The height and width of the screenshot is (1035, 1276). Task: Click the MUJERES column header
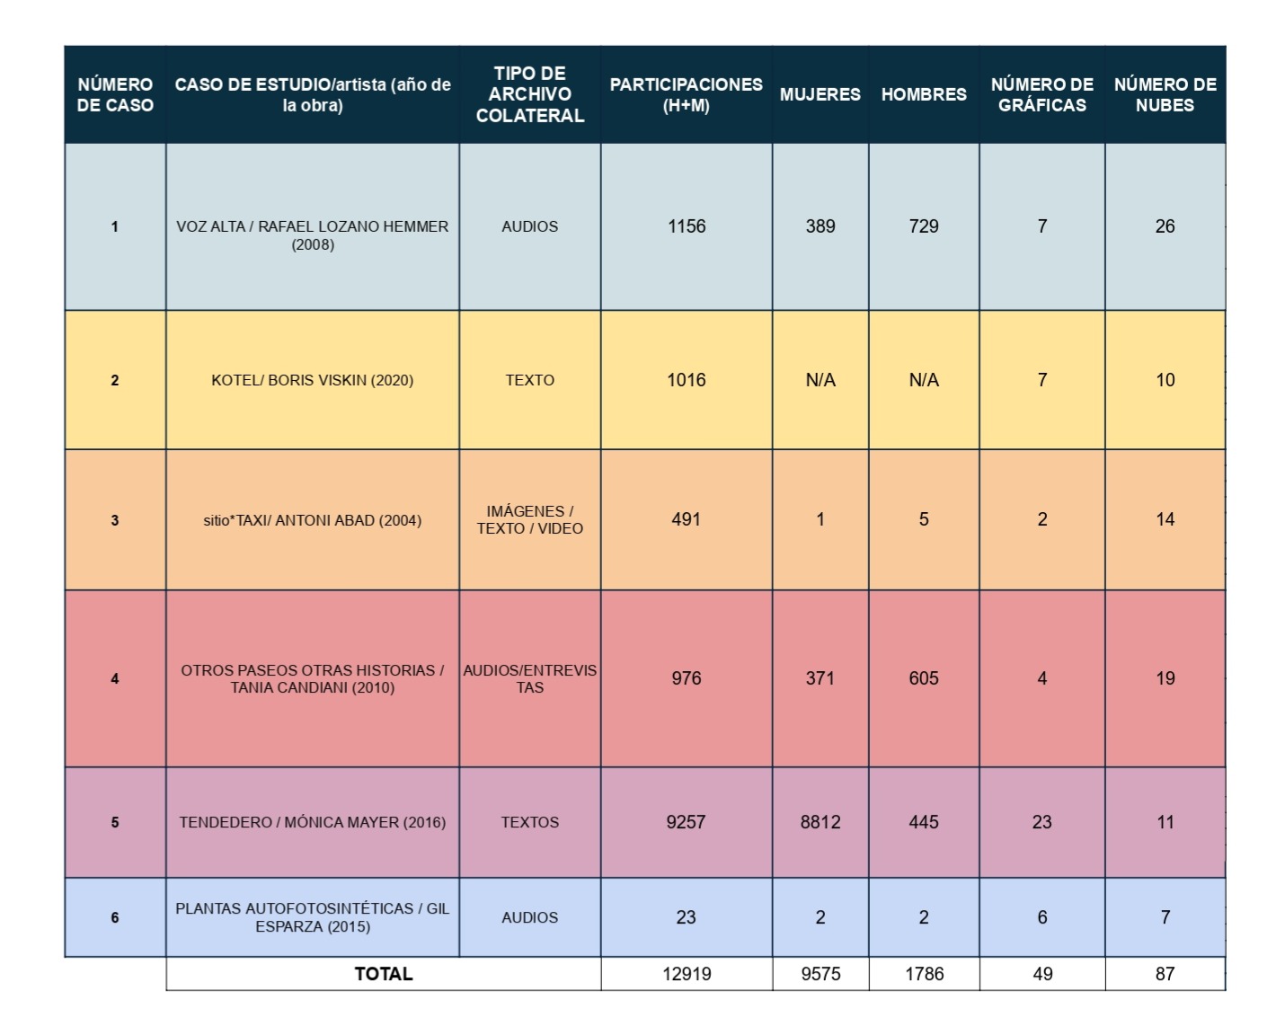tap(820, 94)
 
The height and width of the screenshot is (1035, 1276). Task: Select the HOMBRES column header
tap(924, 94)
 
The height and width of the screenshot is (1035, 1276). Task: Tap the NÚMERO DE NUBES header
tap(1165, 94)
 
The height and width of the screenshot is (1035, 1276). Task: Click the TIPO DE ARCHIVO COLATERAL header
tap(529, 94)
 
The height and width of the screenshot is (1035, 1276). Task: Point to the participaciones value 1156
tap(686, 226)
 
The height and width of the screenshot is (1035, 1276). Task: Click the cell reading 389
tap(820, 226)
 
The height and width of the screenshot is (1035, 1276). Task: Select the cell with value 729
tap(924, 226)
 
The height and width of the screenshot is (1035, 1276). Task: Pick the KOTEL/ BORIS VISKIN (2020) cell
tap(312, 380)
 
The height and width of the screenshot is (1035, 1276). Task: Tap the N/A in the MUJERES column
tap(820, 380)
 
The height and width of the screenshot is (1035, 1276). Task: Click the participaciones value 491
tap(686, 519)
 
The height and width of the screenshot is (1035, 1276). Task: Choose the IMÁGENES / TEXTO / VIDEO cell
tap(529, 519)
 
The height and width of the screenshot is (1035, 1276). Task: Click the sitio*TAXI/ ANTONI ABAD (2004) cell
tap(312, 520)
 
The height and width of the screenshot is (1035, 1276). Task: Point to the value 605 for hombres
tap(924, 678)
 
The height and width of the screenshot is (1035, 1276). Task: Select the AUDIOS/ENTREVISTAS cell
tap(529, 678)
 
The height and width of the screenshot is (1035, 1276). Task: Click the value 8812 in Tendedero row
tap(820, 822)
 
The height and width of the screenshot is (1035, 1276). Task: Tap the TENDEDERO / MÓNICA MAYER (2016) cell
tap(312, 822)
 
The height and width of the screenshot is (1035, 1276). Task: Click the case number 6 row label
tap(115, 917)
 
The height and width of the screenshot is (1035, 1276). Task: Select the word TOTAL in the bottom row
tap(384, 974)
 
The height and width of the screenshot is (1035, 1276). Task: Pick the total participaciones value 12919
tap(686, 974)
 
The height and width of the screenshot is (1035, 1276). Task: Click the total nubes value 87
tap(1165, 974)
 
